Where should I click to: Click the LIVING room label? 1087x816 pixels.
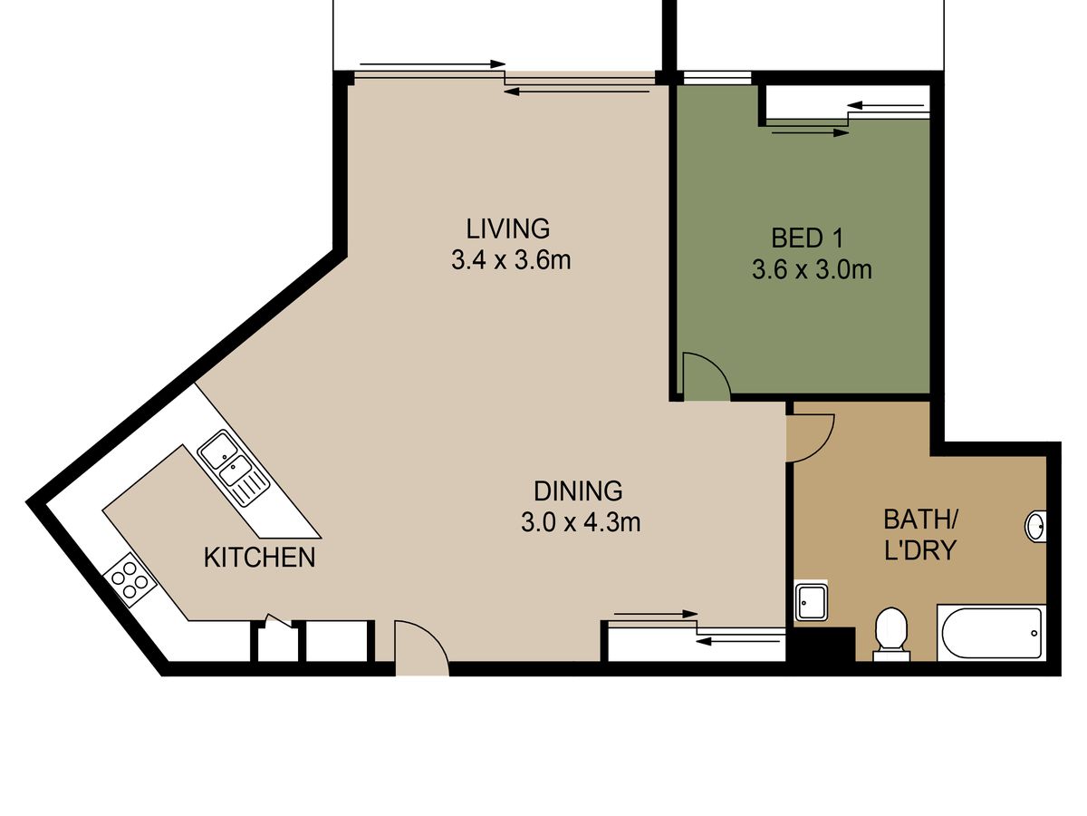(507, 228)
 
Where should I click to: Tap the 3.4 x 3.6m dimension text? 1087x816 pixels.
(511, 260)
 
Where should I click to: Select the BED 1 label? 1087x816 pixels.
(807, 238)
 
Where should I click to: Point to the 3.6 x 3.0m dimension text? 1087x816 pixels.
(812, 270)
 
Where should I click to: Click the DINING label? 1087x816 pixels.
(578, 491)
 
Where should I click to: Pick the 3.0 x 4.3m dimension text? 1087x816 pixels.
(581, 522)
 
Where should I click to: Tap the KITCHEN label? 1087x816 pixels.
(259, 558)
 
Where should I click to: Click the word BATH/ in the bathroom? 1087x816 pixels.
(920, 519)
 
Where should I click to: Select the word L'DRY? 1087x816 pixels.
(920, 550)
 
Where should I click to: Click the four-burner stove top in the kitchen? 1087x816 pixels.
(130, 579)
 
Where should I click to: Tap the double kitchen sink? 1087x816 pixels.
(234, 468)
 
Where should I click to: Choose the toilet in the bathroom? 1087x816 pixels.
(891, 635)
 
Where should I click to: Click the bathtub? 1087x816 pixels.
(992, 633)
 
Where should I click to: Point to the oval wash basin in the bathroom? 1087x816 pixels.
(1035, 526)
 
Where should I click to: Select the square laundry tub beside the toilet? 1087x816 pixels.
(811, 601)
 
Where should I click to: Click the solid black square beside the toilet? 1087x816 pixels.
(824, 644)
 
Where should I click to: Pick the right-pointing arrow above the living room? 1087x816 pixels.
(432, 63)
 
